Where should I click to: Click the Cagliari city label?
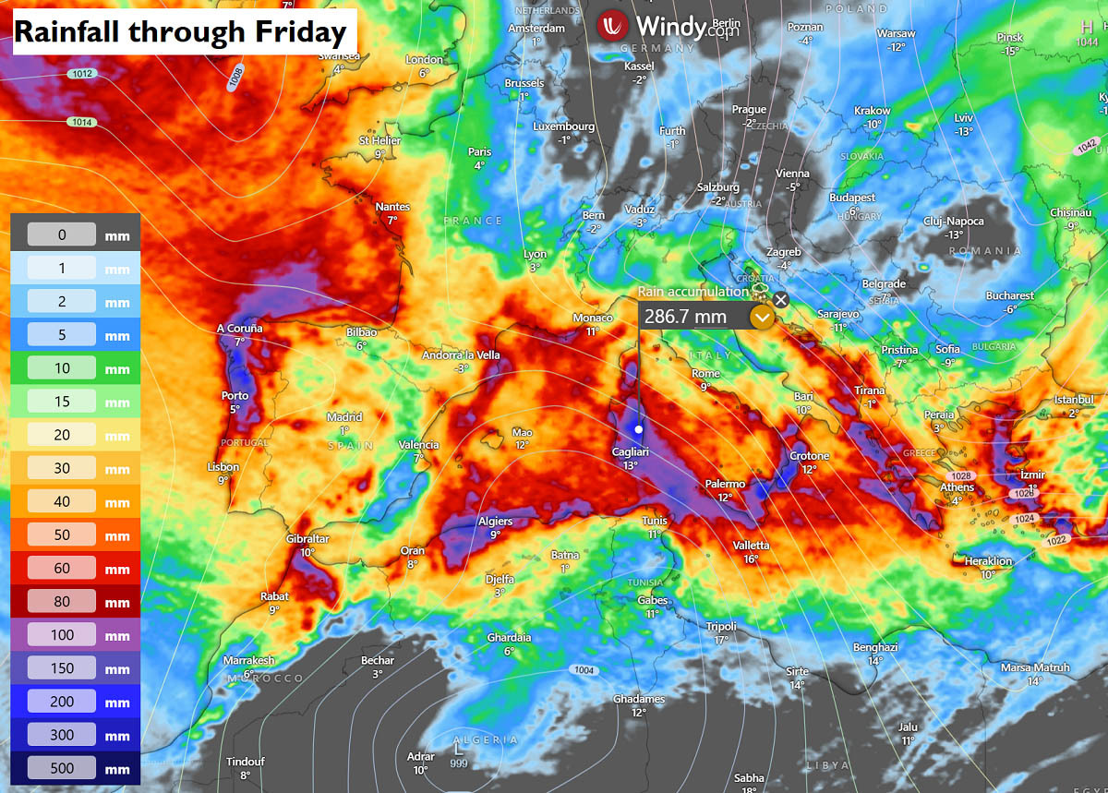tap(631, 451)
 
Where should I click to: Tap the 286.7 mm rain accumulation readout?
tap(685, 317)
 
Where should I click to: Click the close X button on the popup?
tap(781, 299)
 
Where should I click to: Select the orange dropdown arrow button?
tap(762, 318)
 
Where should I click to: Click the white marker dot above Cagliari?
tap(638, 428)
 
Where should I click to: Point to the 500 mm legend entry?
tap(62, 769)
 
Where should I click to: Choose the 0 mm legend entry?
tap(62, 234)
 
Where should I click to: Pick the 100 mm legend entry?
tap(62, 636)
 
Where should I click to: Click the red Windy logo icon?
tap(612, 26)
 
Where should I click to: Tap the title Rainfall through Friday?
tap(180, 32)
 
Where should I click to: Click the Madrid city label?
tap(344, 417)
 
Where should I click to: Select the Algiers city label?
tap(495, 522)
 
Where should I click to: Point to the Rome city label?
tap(705, 374)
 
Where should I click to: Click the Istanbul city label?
tap(1073, 400)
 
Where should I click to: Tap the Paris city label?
tap(479, 152)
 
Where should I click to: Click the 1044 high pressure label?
tap(1087, 42)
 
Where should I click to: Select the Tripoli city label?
tap(721, 627)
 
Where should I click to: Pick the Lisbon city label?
tap(223, 467)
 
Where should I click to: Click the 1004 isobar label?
tap(584, 670)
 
